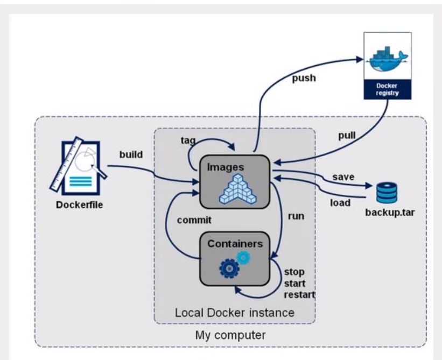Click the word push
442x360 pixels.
(304, 79)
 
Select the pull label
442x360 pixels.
(347, 136)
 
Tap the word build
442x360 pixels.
(131, 154)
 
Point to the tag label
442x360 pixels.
(188, 140)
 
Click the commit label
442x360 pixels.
(194, 220)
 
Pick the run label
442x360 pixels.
(296, 216)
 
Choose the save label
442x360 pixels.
(343, 177)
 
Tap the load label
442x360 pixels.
(340, 202)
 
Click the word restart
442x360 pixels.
(299, 295)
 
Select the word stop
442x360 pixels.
(294, 272)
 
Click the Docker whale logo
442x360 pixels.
(387, 59)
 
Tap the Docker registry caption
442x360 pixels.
(387, 89)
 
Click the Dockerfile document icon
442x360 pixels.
(79, 166)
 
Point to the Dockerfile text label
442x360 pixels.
(80, 205)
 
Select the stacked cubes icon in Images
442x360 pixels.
(237, 189)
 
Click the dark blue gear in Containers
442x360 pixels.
(229, 269)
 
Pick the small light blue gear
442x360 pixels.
(243, 257)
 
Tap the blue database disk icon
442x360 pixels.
(387, 193)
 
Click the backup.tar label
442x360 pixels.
(390, 213)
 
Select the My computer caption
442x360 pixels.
(230, 335)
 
